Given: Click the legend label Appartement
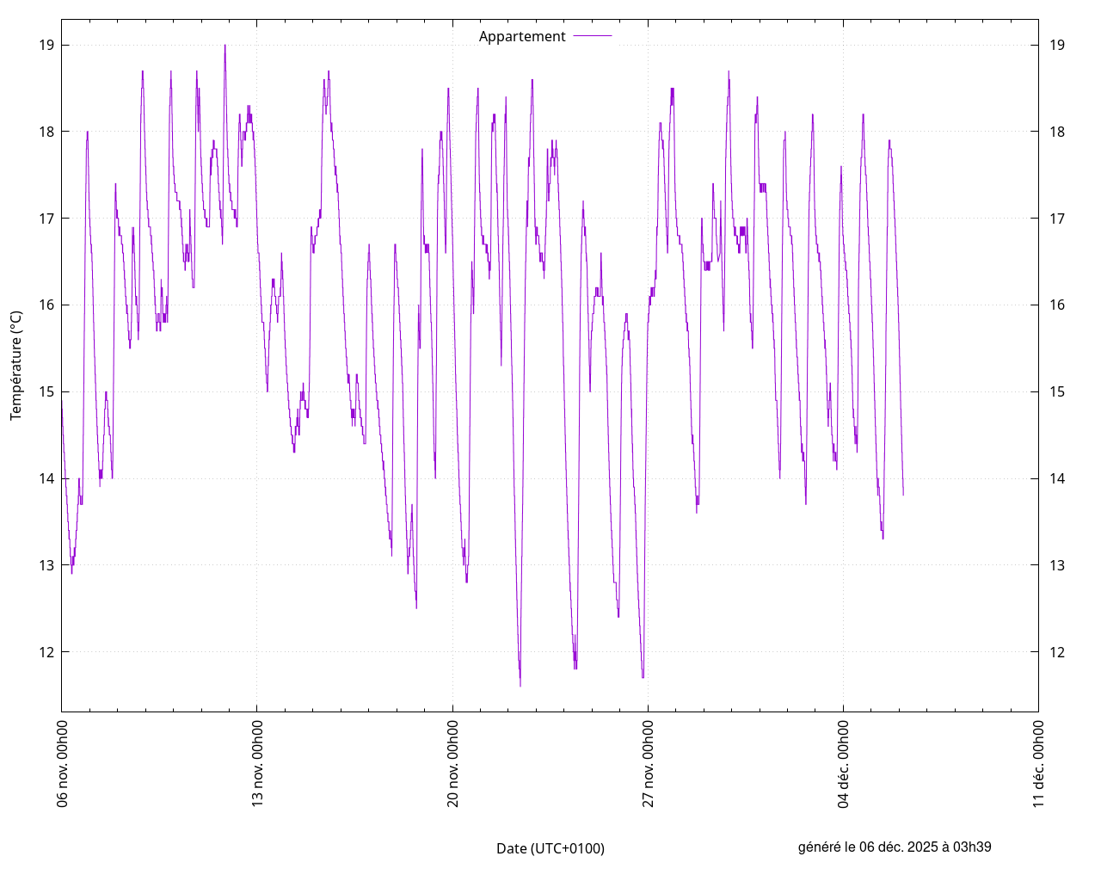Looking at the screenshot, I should (522, 36).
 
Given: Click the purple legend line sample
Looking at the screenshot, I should (593, 36).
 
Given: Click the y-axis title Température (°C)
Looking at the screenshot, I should (16, 366).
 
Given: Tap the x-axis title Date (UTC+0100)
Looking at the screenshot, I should (550, 848).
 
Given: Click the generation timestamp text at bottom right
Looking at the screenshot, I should (895, 847).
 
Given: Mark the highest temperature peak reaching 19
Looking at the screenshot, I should (225, 46).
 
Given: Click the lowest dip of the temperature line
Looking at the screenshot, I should (520, 686).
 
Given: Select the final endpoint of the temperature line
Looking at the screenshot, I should (903, 495).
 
